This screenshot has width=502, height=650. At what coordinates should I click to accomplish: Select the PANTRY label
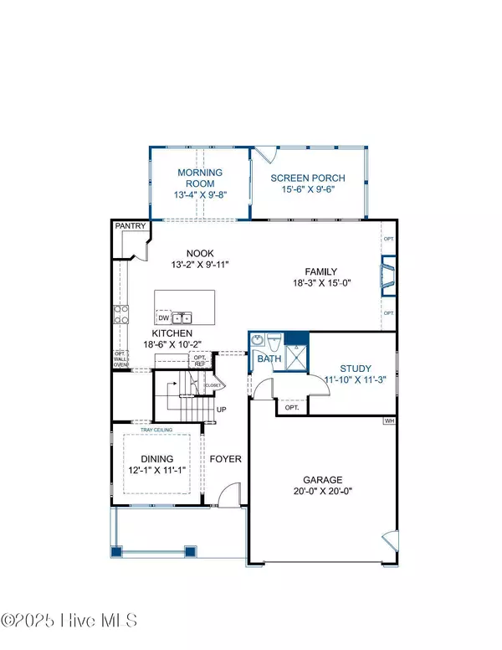[131, 226]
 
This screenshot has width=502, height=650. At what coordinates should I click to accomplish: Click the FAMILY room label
[320, 271]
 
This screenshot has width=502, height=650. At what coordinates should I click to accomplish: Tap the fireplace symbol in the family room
[387, 279]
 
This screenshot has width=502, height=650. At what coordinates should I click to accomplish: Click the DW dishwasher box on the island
[164, 317]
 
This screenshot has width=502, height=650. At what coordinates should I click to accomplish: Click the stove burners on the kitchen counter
[120, 314]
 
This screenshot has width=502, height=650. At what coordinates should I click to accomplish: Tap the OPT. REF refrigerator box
[200, 360]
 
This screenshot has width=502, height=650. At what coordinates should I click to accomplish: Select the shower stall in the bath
[296, 350]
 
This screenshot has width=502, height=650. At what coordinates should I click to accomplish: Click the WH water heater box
[389, 420]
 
